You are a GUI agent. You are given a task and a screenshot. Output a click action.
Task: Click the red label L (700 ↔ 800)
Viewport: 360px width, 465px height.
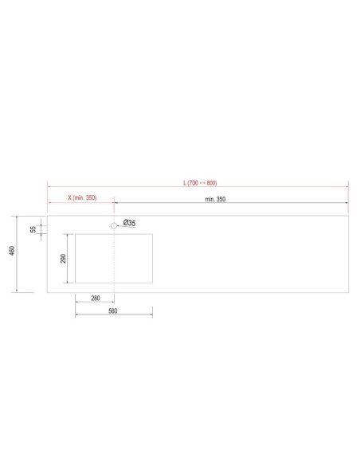pos(200,182)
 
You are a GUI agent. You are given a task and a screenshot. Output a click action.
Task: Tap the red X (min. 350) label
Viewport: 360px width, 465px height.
pos(82,197)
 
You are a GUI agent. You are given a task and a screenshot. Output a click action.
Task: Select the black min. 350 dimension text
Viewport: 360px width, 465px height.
pos(215,199)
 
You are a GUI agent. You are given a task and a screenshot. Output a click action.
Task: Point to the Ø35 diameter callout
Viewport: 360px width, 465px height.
pos(129,223)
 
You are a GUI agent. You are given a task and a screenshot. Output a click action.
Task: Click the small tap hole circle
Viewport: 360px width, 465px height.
pos(114,225)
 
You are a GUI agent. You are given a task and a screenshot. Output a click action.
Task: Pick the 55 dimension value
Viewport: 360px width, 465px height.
pos(33,229)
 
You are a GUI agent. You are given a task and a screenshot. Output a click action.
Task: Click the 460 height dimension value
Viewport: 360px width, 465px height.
pos(12,251)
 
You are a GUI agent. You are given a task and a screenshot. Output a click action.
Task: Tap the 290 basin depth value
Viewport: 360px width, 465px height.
pos(63,258)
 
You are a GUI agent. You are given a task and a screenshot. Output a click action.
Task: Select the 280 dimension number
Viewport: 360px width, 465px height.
pos(96,298)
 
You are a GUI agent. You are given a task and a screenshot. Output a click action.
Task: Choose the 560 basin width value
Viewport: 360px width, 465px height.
pos(112,311)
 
